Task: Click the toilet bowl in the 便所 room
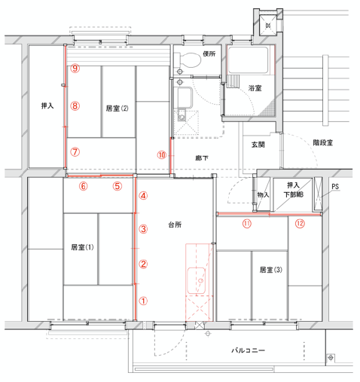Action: pyautogui.click(x=188, y=60)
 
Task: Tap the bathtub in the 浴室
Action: pyautogui.click(x=248, y=60)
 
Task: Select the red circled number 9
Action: pyautogui.click(x=75, y=68)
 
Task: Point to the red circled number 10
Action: pyautogui.click(x=162, y=155)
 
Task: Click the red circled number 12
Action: pyautogui.click(x=300, y=223)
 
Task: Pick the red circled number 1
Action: pyautogui.click(x=143, y=301)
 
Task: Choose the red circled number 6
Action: pyautogui.click(x=84, y=186)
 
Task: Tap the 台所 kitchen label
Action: pyautogui.click(x=175, y=225)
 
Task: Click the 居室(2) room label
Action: pyautogui.click(x=117, y=108)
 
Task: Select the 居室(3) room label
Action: pyautogui.click(x=271, y=270)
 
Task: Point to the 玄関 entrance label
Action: pyautogui.click(x=258, y=145)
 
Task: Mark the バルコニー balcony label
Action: pyautogui.click(x=248, y=350)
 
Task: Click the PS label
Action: pyautogui.click(x=335, y=187)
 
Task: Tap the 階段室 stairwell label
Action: pyautogui.click(x=323, y=142)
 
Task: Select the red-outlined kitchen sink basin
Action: pyautogui.click(x=197, y=281)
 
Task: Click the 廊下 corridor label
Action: pyautogui.click(x=202, y=158)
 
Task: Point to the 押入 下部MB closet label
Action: pyautogui.click(x=294, y=190)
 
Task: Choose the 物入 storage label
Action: pyautogui.click(x=263, y=194)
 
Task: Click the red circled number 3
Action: pyautogui.click(x=143, y=229)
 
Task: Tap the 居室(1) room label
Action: pyautogui.click(x=82, y=247)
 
